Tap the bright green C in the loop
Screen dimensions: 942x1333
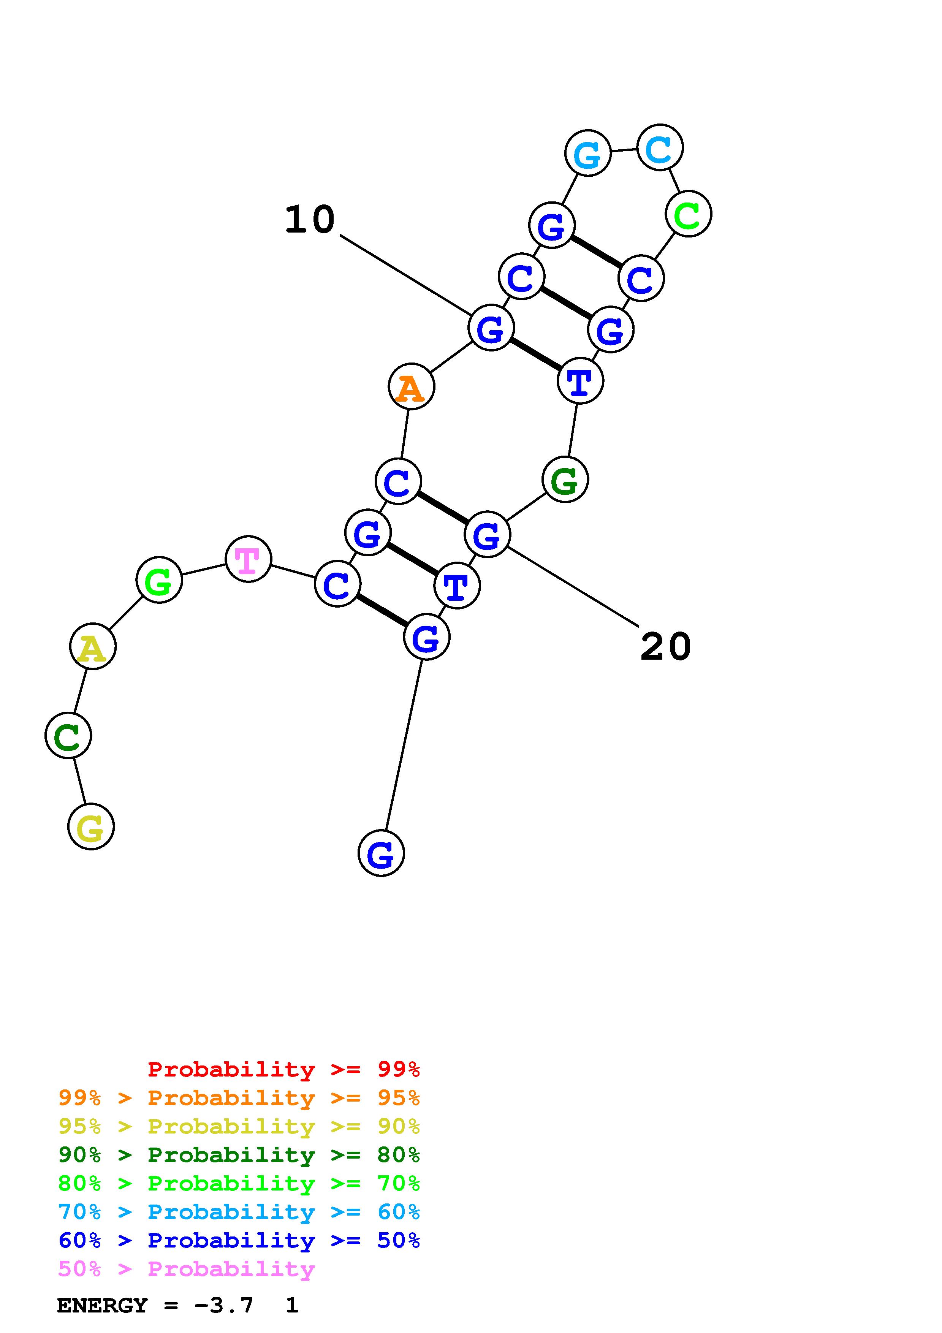tap(689, 214)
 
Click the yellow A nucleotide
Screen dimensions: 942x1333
tap(93, 646)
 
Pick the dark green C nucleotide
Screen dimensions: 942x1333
tap(68, 736)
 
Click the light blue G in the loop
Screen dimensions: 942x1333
tap(588, 153)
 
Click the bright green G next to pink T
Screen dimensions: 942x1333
tap(159, 579)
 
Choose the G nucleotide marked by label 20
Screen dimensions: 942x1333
tap(488, 534)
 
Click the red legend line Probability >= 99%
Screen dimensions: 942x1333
tap(283, 1069)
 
